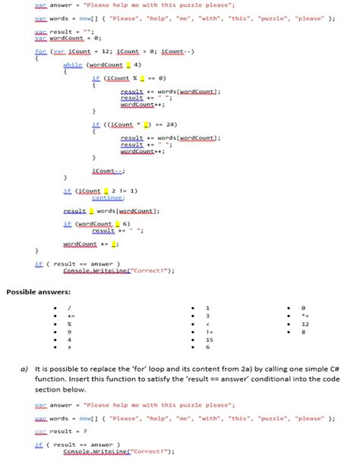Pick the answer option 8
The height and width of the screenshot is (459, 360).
[305, 332]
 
